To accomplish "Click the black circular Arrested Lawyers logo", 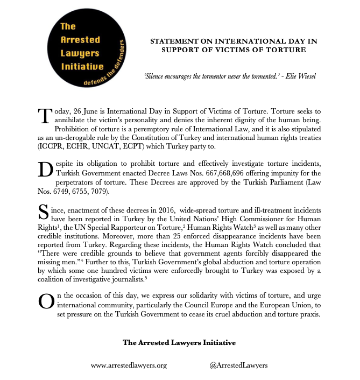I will point(87,50).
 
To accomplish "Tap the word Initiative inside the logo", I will point(81,66).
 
